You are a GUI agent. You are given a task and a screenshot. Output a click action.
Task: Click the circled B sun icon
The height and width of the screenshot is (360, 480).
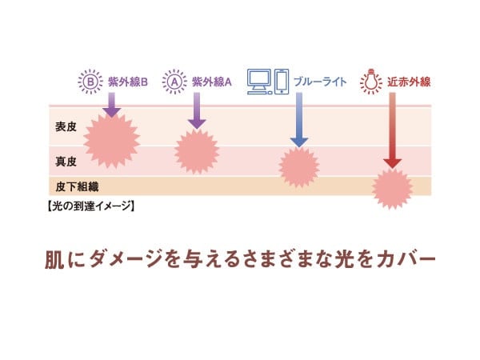click(x=91, y=81)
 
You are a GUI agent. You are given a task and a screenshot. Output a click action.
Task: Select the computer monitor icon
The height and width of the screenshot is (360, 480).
click(x=259, y=81)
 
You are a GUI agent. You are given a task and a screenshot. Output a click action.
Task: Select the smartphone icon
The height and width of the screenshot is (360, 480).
click(x=282, y=81)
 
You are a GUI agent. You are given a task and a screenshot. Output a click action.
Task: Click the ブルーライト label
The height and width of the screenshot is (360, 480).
click(x=320, y=82)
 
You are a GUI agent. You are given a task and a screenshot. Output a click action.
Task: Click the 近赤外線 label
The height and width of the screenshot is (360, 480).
click(x=409, y=82)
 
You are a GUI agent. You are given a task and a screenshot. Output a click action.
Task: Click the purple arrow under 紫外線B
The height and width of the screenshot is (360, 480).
click(x=112, y=105)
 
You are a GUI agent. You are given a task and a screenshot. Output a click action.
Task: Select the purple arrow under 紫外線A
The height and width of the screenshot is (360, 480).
click(x=196, y=111)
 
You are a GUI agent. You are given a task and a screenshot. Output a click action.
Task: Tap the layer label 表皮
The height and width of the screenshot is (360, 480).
click(x=66, y=126)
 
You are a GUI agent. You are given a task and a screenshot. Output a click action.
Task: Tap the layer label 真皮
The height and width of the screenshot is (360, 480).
click(x=66, y=161)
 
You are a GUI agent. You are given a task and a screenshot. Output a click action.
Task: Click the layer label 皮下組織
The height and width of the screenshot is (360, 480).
click(x=73, y=186)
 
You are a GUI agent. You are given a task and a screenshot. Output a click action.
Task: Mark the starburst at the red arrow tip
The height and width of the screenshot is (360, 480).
click(x=393, y=189)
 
